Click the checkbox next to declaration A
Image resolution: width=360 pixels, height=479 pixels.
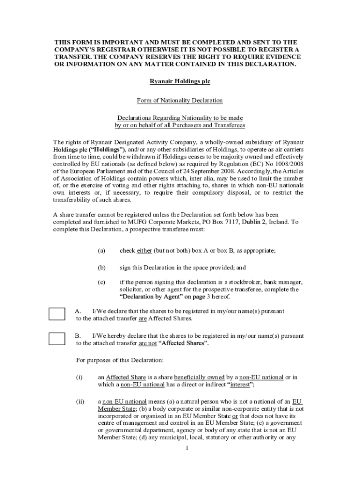click(x=57, y=314)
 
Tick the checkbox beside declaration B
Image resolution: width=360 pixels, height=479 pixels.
click(x=57, y=339)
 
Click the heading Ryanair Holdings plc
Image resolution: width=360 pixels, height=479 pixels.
click(x=180, y=81)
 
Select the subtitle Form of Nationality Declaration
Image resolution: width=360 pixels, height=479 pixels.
click(x=180, y=101)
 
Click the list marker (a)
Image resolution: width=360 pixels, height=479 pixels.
click(x=101, y=251)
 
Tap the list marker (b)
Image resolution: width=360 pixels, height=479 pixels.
click(x=101, y=268)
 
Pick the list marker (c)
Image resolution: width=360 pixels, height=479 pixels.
click(x=101, y=282)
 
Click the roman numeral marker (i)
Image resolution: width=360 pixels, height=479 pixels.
click(x=79, y=377)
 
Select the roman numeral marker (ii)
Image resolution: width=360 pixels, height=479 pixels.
click(x=80, y=401)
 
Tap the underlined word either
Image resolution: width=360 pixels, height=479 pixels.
click(x=144, y=251)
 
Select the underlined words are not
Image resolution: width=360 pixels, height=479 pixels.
click(x=148, y=343)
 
